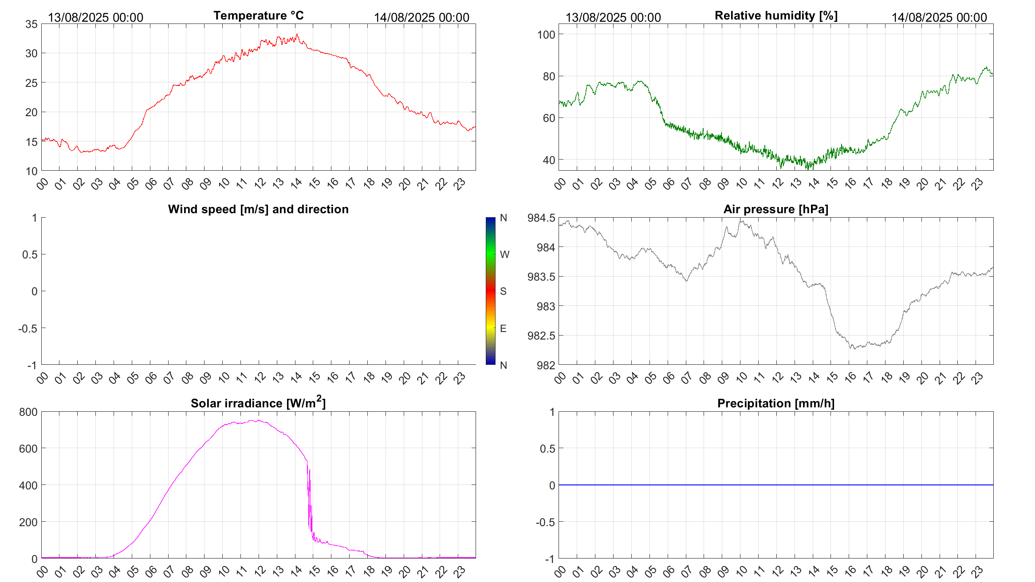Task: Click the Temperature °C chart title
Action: tap(258, 16)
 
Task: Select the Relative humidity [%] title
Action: tap(776, 16)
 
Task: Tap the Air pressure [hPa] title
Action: tap(775, 209)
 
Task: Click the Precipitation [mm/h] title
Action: tap(775, 403)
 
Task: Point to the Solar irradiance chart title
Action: tap(258, 403)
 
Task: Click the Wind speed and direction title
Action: tap(258, 209)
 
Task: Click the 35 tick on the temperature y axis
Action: tap(31, 24)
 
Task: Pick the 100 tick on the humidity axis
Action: tap(546, 35)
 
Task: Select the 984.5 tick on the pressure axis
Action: tap(541, 218)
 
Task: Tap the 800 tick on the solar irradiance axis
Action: tap(28, 412)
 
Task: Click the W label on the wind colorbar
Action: tap(504, 254)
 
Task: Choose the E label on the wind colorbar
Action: tap(503, 328)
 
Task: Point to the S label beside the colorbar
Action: tap(503, 291)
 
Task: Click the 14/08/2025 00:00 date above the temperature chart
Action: tap(421, 17)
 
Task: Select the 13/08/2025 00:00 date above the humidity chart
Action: tap(613, 17)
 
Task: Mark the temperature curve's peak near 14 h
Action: tap(297, 35)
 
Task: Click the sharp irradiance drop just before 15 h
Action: tap(309, 496)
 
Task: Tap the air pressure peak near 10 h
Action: tap(740, 221)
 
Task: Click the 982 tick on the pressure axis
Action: tap(546, 365)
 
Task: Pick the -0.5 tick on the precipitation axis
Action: tap(545, 522)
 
